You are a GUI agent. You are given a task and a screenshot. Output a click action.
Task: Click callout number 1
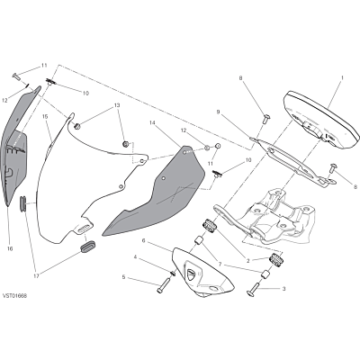(342, 77)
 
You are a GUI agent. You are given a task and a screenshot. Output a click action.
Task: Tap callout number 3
(283, 289)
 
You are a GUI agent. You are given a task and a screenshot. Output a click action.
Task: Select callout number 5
(123, 277)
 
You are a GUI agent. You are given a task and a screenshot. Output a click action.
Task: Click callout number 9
(218, 112)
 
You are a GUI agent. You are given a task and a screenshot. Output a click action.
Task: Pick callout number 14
(152, 122)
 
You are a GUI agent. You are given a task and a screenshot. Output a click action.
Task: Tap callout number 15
(45, 116)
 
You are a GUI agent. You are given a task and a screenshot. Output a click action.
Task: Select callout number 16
(10, 248)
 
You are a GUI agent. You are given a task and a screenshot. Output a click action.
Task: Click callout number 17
(36, 276)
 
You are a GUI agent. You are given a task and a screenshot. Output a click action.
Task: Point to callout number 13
(117, 105)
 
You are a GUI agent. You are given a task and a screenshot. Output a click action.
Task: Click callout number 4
(135, 257)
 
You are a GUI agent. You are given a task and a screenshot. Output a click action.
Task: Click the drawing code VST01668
(14, 296)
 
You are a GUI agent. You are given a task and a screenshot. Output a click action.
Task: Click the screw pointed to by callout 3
(252, 291)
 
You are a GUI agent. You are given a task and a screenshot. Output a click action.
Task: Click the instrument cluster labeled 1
(322, 120)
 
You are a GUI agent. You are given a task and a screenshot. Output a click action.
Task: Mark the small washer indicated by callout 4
(174, 273)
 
